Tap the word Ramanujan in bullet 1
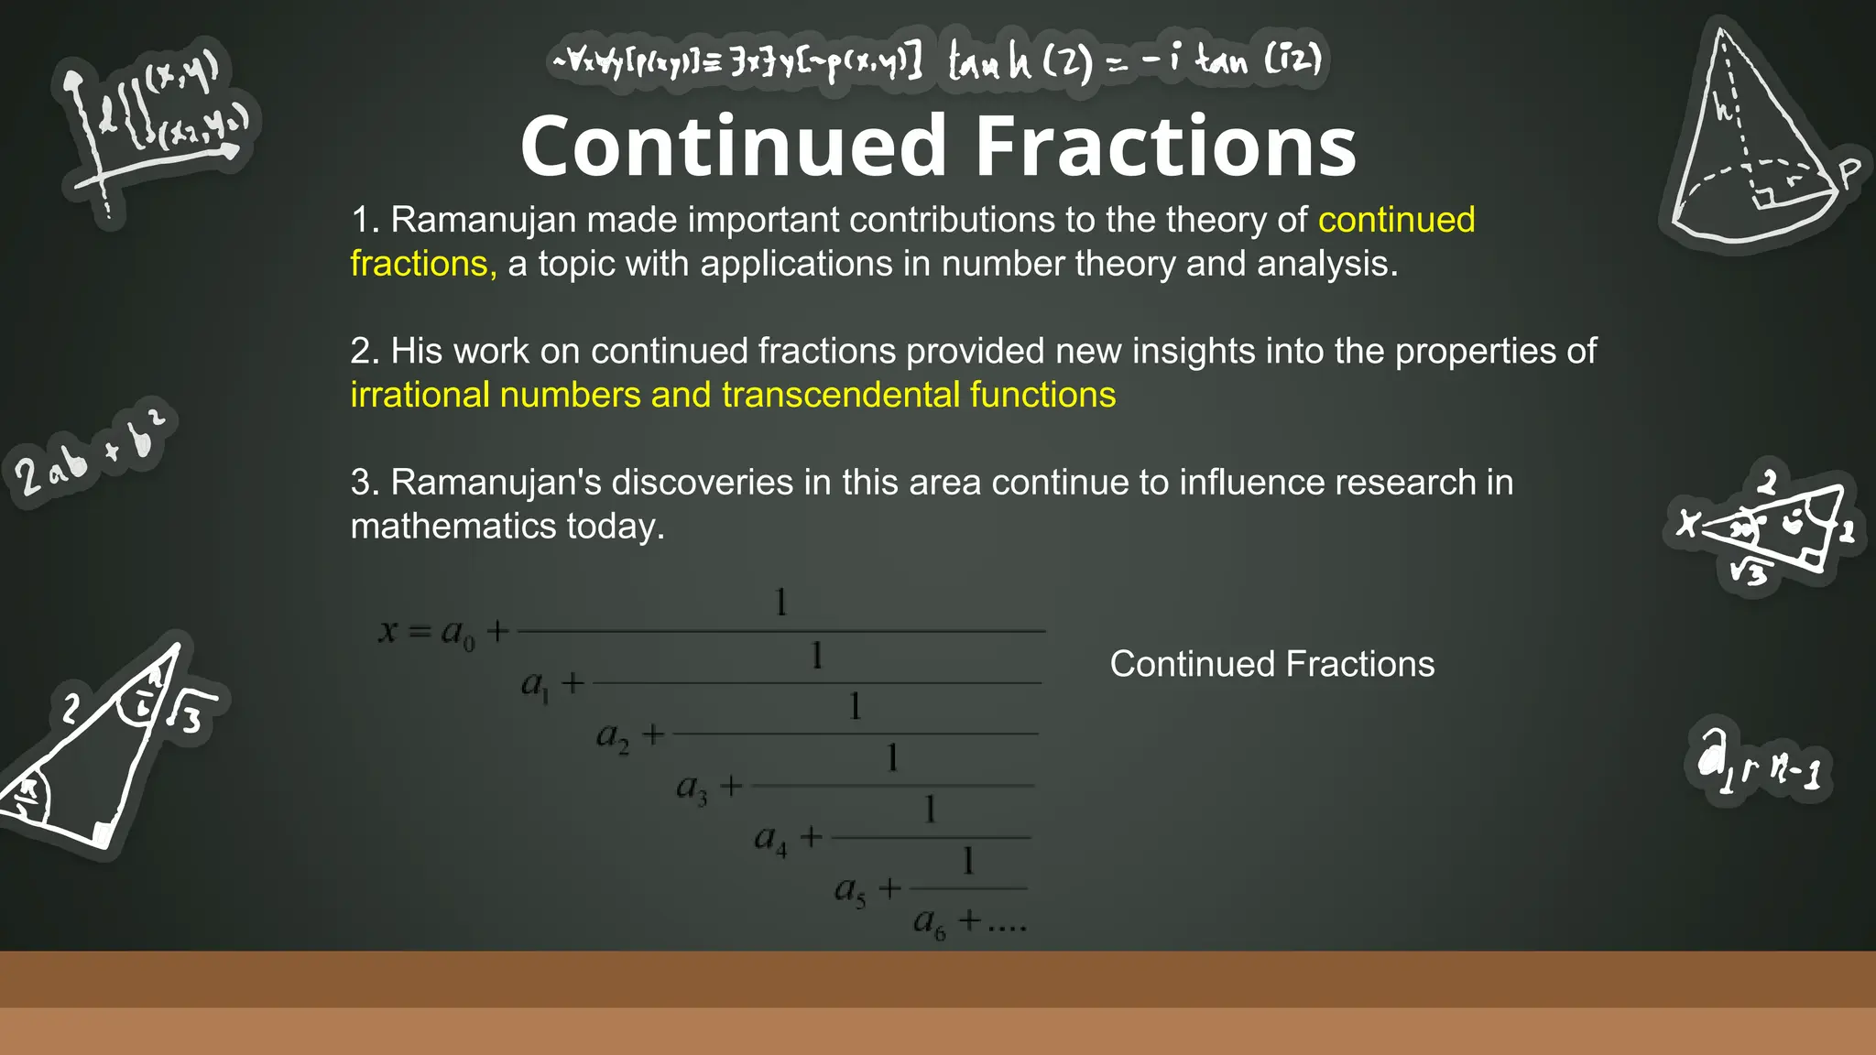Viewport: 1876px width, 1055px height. (483, 221)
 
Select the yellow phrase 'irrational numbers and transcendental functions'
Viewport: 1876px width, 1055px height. (733, 396)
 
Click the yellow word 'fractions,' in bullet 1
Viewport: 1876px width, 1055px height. (423, 265)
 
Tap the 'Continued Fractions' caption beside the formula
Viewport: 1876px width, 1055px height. (1271, 665)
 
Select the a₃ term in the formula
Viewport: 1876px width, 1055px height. (692, 789)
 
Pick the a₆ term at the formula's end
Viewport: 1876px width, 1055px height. (929, 921)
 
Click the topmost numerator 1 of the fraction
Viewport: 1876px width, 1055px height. (780, 603)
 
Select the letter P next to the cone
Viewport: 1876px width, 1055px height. (1849, 172)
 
